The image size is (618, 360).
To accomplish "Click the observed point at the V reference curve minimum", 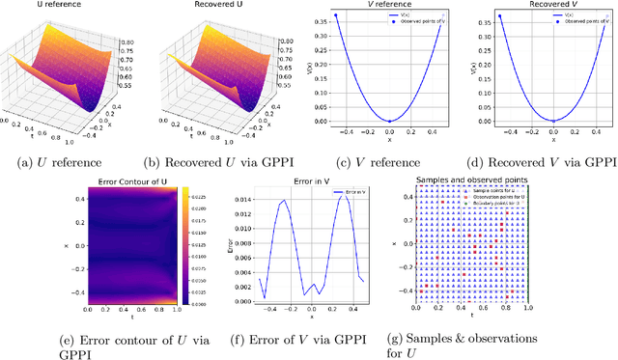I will coord(388,122).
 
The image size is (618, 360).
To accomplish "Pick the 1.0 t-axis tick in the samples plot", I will coord(526,314).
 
